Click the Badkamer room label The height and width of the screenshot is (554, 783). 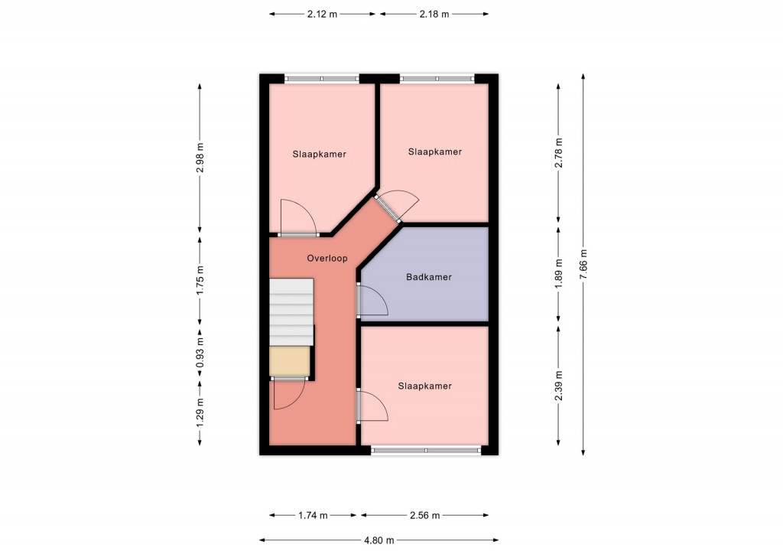pos(428,277)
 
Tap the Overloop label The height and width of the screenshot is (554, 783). pos(327,259)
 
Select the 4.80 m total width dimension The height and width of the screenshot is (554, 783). pos(379,540)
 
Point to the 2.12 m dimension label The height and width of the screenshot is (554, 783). pos(322,14)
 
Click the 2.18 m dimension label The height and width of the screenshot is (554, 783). pos(434,14)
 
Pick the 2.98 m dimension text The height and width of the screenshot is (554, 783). pos(200,158)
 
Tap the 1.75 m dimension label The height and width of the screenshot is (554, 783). pos(200,279)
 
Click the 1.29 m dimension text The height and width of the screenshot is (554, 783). pos(200,411)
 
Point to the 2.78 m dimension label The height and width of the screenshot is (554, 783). pos(558,152)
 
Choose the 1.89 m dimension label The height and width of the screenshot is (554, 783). pos(558,272)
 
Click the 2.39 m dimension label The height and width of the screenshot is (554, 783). pos(558,385)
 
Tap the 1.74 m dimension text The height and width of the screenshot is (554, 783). pos(313,515)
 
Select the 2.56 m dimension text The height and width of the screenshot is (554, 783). pos(425,515)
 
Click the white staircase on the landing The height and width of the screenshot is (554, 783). pos(291,312)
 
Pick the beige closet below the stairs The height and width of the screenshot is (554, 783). pos(290,360)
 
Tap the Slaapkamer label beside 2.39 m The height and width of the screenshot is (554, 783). pos(424,386)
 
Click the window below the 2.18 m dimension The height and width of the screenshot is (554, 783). pos(437,78)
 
